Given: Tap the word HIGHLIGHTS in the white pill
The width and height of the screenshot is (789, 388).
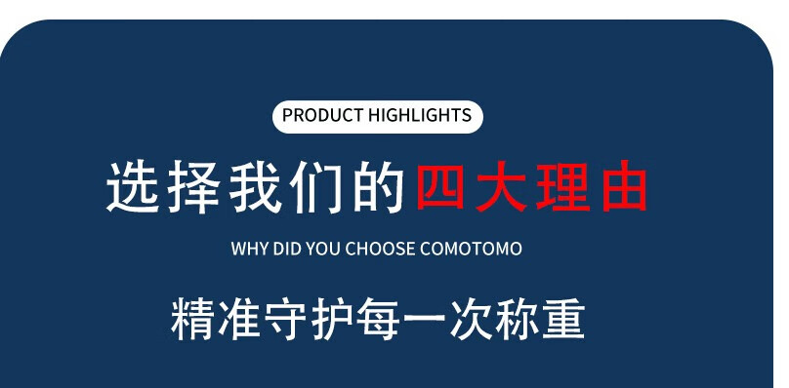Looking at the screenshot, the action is coord(420,115).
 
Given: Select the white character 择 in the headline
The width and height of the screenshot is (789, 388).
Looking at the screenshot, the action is coord(193,186).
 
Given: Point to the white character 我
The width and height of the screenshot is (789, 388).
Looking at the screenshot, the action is coord(255,186).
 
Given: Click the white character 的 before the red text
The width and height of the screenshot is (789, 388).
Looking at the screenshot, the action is coord(378,186).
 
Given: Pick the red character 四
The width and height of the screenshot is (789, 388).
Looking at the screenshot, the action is coord(440,185).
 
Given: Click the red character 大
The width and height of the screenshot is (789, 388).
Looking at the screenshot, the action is coord(501,186).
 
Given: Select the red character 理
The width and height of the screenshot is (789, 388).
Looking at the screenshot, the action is coord(562,186).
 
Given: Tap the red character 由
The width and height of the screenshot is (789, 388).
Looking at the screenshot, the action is coord(624,186).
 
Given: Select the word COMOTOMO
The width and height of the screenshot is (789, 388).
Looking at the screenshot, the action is coord(471,249).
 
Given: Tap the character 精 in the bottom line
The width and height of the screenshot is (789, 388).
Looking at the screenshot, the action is coord(192,319).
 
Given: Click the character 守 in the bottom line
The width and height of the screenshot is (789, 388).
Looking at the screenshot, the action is coord(285,319).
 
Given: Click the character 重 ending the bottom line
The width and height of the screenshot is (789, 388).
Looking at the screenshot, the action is coord(563,319).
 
